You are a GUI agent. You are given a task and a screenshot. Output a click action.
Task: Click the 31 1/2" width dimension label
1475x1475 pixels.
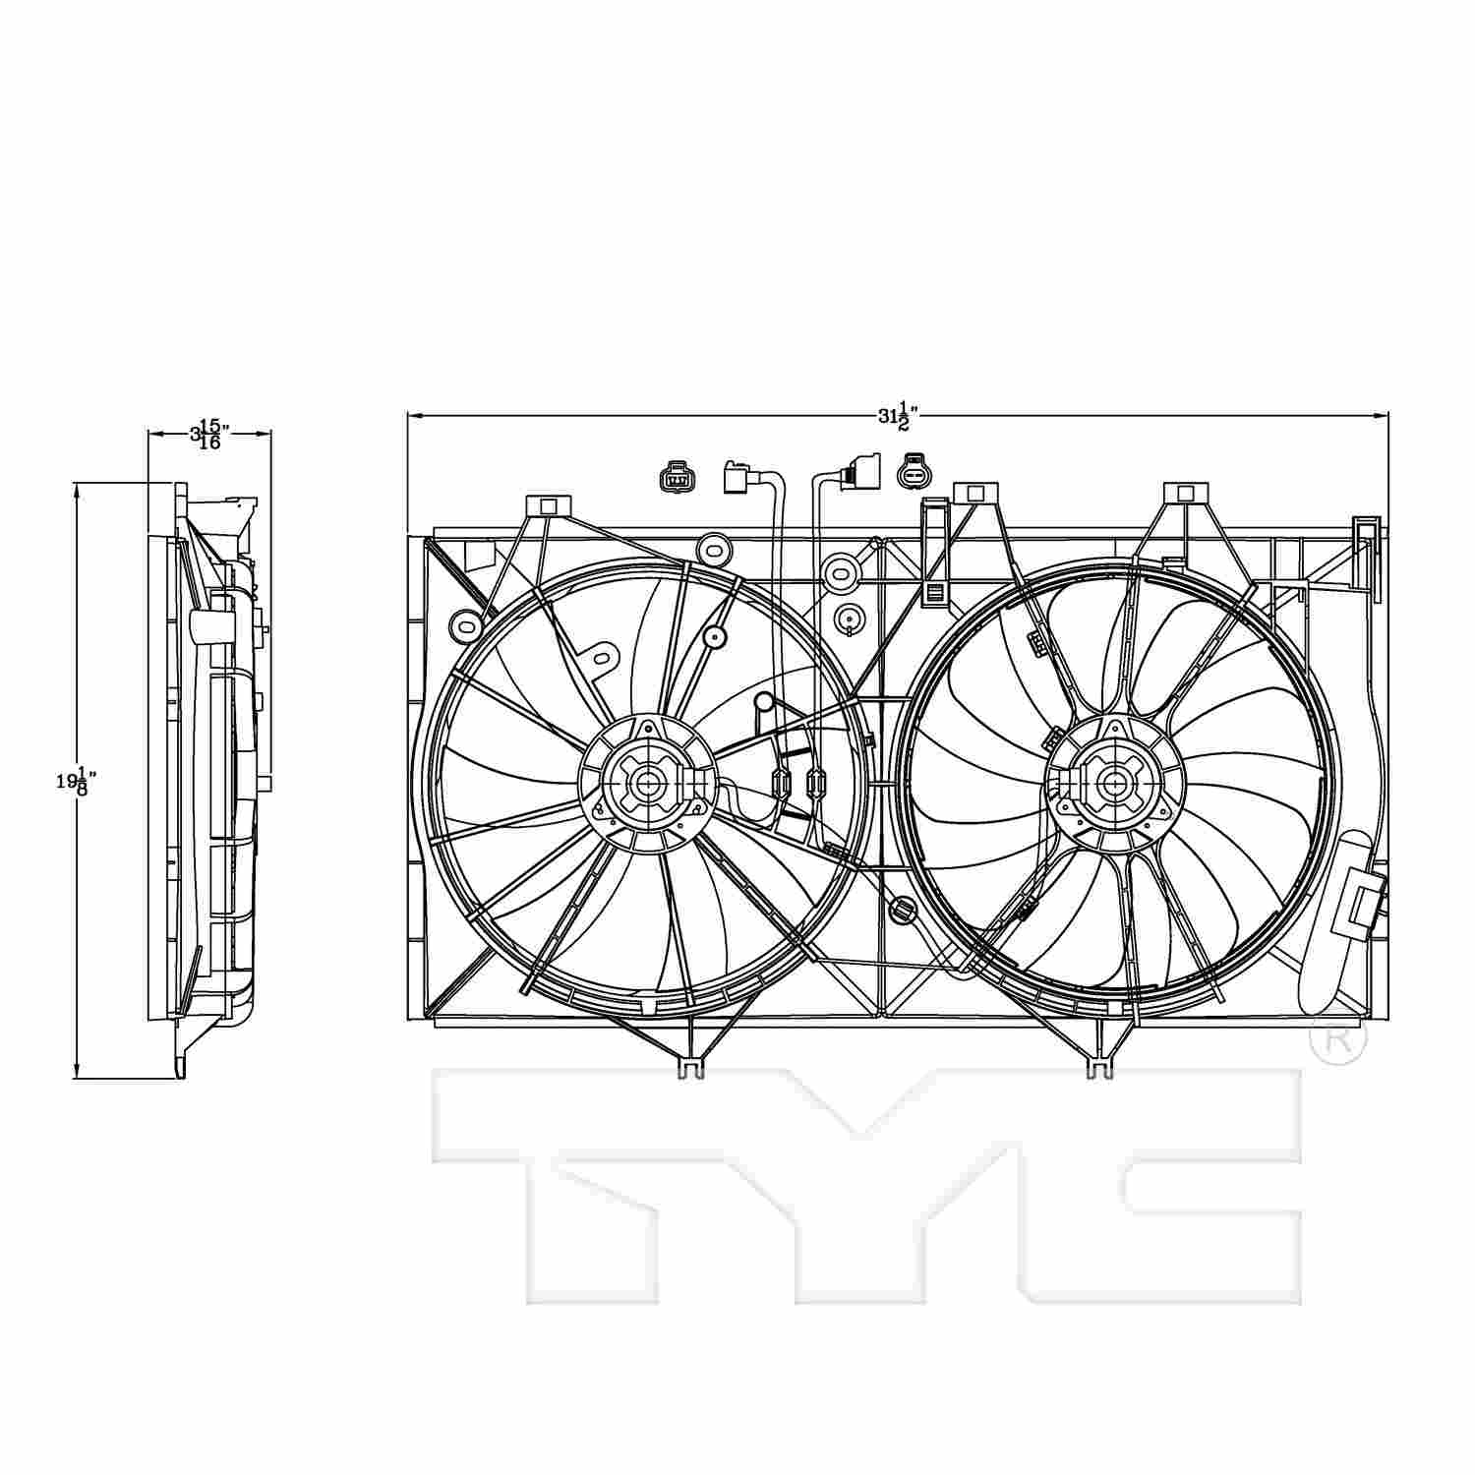coord(892,416)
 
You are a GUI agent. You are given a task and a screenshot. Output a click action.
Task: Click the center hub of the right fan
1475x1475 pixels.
coord(1114,783)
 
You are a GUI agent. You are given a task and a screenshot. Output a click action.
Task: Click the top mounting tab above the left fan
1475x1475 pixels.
coord(549,506)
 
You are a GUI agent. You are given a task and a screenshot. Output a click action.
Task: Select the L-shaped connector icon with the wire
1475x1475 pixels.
coord(737,479)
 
